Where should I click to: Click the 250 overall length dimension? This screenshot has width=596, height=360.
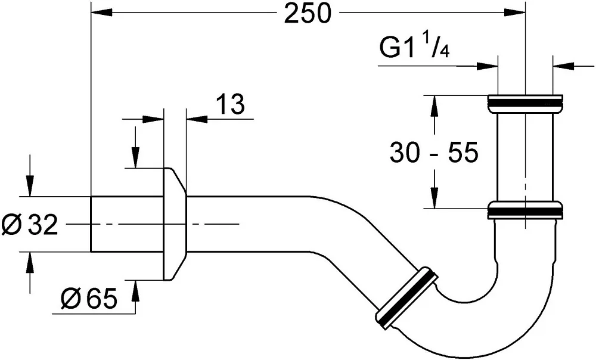(x=308, y=14)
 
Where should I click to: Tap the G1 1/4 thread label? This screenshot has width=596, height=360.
(x=414, y=46)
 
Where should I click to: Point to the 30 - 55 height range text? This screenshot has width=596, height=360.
(x=434, y=153)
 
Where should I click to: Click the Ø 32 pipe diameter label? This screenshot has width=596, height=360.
(x=30, y=224)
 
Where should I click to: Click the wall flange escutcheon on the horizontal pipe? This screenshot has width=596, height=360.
(x=175, y=224)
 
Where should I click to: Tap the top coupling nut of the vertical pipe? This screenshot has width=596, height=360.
(x=525, y=103)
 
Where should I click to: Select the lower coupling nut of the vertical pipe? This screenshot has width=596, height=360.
(x=525, y=210)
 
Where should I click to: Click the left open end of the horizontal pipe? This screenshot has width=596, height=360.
(x=91, y=224)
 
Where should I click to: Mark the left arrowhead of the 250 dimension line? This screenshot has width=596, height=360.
(x=101, y=13)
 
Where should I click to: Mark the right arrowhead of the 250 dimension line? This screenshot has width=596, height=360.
(x=515, y=13)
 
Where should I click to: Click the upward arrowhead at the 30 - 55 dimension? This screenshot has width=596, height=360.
(x=434, y=106)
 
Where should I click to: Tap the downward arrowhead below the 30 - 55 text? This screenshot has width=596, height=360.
(x=434, y=197)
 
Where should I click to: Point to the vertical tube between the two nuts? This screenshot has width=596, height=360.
(x=525, y=157)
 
